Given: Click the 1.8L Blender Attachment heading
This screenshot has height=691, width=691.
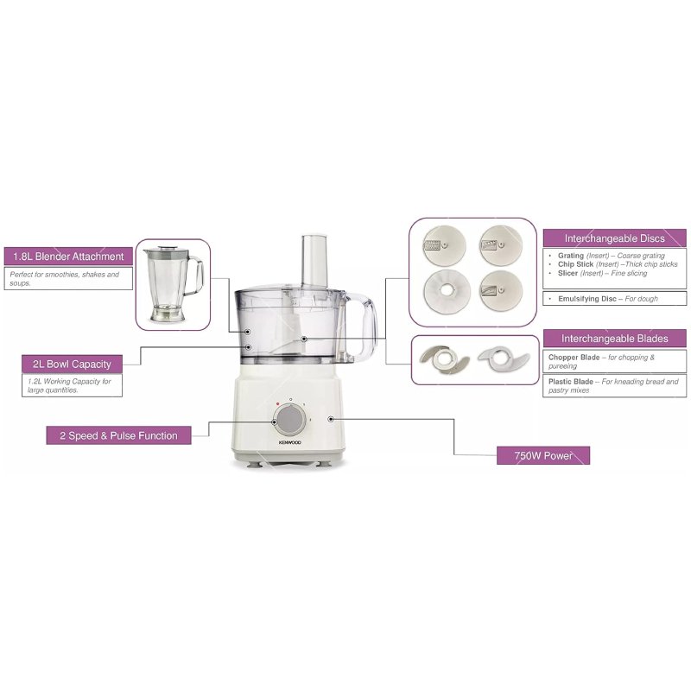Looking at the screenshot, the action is pyautogui.click(x=68, y=256).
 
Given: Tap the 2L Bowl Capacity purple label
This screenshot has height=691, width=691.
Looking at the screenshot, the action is pyautogui.click(x=72, y=364).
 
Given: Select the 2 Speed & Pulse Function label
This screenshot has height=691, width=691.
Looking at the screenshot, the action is pyautogui.click(x=118, y=435).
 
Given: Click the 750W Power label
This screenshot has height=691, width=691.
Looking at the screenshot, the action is pyautogui.click(x=543, y=455).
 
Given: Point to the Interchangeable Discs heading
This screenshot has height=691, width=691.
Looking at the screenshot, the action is pyautogui.click(x=614, y=238).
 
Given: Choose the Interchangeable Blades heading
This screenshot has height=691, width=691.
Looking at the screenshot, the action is pyautogui.click(x=614, y=339).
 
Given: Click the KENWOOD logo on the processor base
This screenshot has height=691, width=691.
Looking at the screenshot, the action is pyautogui.click(x=290, y=442).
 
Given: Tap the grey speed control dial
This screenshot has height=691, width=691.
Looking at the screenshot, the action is pyautogui.click(x=289, y=419).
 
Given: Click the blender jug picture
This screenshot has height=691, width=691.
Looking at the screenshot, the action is pyautogui.click(x=174, y=283).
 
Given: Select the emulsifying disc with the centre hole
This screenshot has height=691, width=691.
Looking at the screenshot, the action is pyautogui.click(x=447, y=291).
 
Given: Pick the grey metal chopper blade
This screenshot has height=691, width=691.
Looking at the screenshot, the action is pyautogui.click(x=444, y=360).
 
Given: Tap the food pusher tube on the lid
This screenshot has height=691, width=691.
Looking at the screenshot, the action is pyautogui.click(x=314, y=261).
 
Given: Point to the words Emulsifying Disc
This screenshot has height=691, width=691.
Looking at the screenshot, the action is pyautogui.click(x=587, y=299).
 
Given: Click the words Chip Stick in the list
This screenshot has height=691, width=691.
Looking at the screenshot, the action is pyautogui.click(x=575, y=264).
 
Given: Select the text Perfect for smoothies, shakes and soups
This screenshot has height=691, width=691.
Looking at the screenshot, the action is pyautogui.click(x=64, y=278).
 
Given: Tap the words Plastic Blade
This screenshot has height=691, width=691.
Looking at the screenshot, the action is pyautogui.click(x=571, y=382).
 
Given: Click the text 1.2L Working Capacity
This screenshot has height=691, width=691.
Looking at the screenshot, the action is pyautogui.click(x=69, y=382).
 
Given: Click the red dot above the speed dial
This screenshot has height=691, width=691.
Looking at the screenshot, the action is pyautogui.click(x=277, y=403).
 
